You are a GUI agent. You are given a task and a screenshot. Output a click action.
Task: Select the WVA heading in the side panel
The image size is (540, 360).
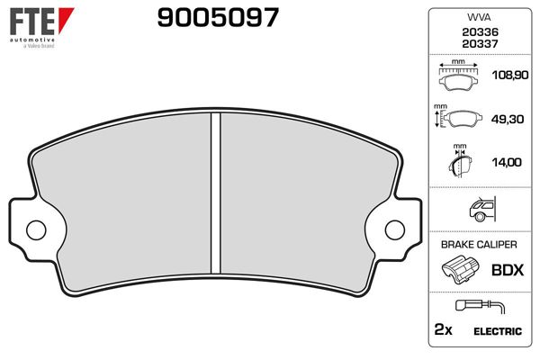click(x=480, y=16)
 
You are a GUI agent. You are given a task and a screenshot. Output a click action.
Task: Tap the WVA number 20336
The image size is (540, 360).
click(x=480, y=31)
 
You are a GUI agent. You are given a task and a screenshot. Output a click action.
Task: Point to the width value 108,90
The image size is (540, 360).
click(x=507, y=78)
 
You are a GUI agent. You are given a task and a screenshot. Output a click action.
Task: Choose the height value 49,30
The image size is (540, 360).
click(x=507, y=121)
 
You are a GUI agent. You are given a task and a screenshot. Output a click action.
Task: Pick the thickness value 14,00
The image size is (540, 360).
click(x=507, y=162)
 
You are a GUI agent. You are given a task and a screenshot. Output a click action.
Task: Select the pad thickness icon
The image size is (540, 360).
click(x=460, y=162)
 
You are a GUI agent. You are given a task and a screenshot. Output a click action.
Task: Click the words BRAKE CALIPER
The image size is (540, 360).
click(x=480, y=244)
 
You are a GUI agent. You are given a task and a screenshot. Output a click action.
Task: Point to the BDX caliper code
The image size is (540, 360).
click(x=507, y=268)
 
